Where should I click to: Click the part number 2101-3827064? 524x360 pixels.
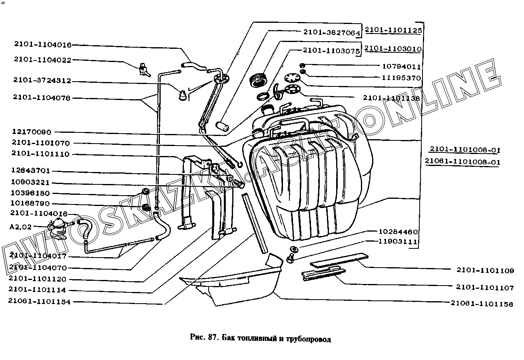tap(331, 32)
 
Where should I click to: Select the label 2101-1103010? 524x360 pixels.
tap(393, 49)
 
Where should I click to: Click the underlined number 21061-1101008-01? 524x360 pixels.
tap(463, 162)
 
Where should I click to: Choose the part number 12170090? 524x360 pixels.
tap(32, 132)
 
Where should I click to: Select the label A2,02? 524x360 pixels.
tap(20, 227)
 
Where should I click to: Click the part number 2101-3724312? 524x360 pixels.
tap(42, 80)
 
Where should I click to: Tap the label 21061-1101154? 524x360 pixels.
tap(40, 302)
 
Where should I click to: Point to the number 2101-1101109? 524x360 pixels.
tap(485, 270)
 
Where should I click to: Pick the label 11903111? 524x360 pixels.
tap(398, 242)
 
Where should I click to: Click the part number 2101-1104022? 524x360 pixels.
tap(42, 60)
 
